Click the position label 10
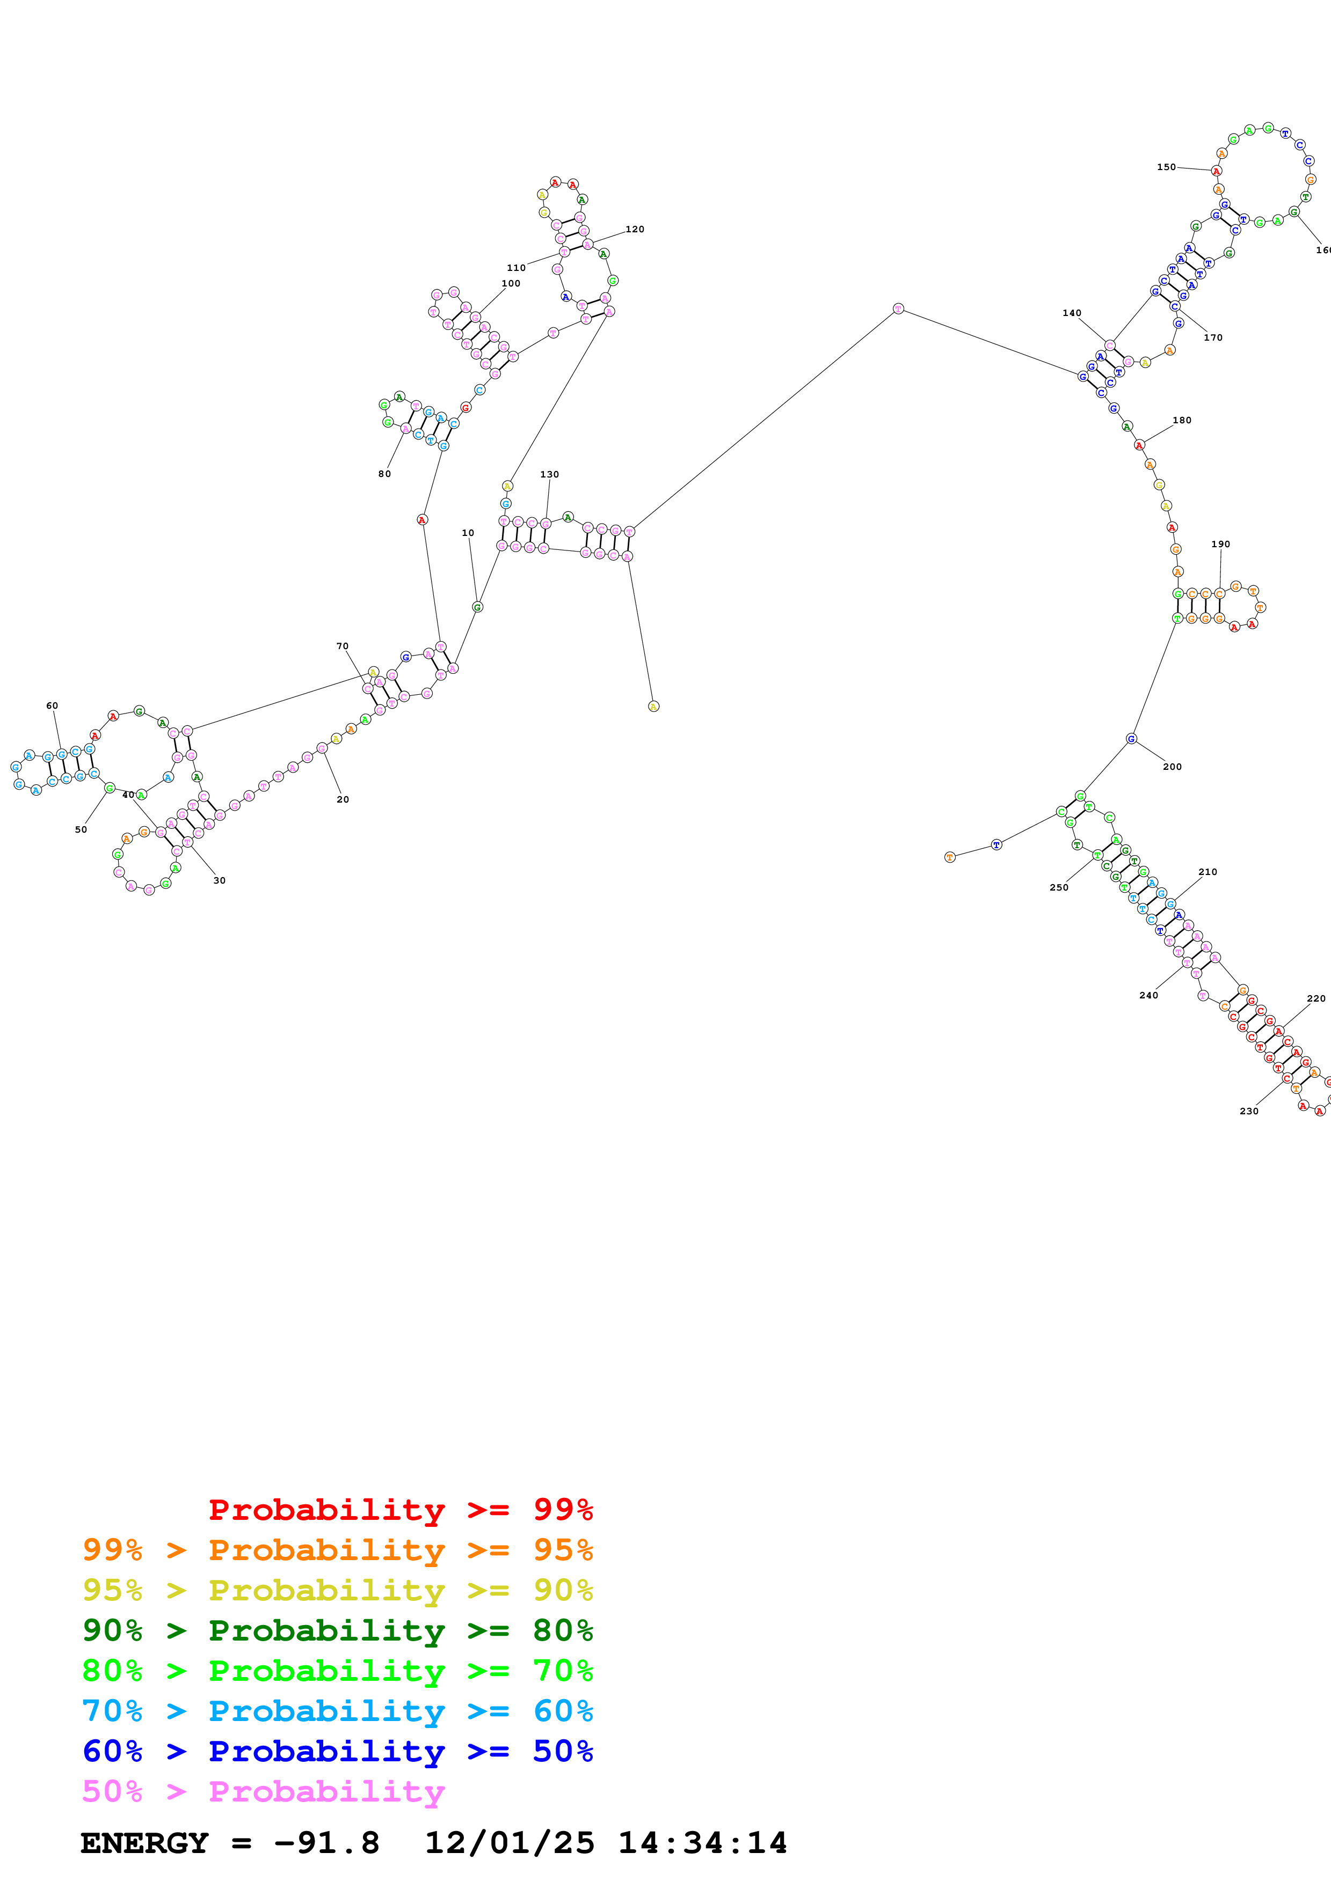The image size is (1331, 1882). tap(468, 533)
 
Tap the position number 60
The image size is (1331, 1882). tap(52, 706)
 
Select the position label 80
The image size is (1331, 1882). tap(384, 474)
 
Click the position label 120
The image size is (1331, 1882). tap(635, 230)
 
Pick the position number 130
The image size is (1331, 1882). tap(549, 475)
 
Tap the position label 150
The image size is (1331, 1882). tap(1166, 167)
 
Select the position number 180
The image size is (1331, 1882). tap(1182, 421)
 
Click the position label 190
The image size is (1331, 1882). tap(1220, 545)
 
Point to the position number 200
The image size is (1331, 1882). tap(1173, 767)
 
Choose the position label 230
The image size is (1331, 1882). tap(1249, 1112)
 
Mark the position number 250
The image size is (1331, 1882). tap(1059, 888)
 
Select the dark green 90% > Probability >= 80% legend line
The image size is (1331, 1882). tap(338, 1630)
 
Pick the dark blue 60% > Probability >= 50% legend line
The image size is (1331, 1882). tap(338, 1751)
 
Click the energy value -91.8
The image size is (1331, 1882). tap(326, 1843)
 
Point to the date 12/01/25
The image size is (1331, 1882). tap(510, 1843)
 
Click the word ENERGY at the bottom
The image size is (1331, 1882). tap(144, 1843)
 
